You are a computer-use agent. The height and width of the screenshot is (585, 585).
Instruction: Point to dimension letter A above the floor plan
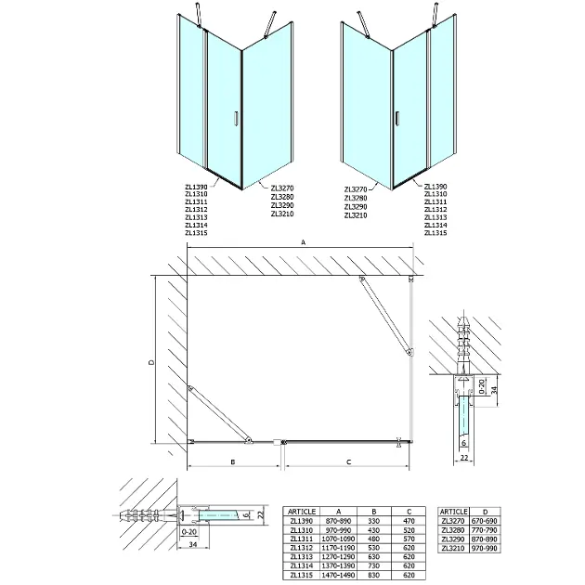pyautogui.click(x=303, y=243)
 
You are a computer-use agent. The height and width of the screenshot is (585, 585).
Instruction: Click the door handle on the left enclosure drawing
pyautogui.click(x=236, y=118)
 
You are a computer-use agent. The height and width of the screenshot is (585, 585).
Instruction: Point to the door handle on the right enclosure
pyautogui.click(x=397, y=118)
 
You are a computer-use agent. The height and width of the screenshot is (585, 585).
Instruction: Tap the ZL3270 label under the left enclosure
pyautogui.click(x=282, y=188)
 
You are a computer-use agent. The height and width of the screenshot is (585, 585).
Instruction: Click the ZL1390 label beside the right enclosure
pyautogui.click(x=435, y=187)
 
